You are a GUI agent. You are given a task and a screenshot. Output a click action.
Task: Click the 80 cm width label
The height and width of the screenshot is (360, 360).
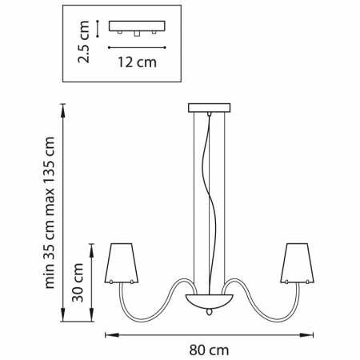[209, 350]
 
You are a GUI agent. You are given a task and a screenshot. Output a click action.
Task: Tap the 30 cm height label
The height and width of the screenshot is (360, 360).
[78, 282]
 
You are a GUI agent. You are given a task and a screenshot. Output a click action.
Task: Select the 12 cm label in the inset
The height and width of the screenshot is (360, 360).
[137, 62]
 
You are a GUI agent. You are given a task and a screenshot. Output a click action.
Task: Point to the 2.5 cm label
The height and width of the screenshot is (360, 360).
[83, 42]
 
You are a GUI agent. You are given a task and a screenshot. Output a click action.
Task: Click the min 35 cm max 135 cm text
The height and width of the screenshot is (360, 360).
[50, 213]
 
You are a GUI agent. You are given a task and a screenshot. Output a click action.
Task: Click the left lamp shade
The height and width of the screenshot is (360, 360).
[122, 263]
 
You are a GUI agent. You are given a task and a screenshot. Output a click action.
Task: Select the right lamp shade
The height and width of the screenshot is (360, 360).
[297, 263]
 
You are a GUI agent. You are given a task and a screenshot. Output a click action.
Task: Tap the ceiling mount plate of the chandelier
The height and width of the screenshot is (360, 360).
[209, 108]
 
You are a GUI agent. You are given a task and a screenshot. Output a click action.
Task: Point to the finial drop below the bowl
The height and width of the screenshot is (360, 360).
[210, 312]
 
